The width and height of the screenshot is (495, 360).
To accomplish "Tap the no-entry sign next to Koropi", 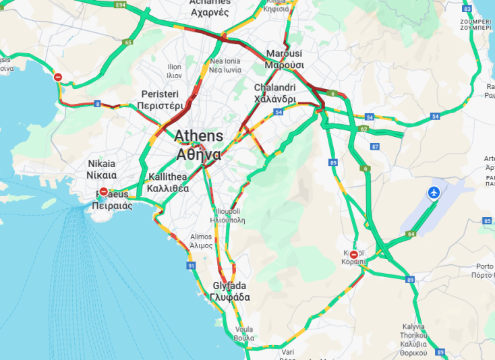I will click(353, 254).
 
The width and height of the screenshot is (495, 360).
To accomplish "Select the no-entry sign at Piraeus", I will click(103, 192).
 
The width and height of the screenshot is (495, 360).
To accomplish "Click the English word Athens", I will click(198, 136).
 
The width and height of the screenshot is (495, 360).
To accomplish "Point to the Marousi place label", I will click(284, 53).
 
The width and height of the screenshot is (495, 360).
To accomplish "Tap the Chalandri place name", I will click(274, 88).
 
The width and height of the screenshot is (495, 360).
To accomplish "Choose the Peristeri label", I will click(160, 94).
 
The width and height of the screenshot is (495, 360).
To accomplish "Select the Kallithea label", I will click(168, 177).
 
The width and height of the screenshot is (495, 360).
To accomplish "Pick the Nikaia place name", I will click(101, 164).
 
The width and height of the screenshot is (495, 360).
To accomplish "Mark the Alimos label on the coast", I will click(201, 237).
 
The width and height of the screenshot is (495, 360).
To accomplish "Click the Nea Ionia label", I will click(225, 61).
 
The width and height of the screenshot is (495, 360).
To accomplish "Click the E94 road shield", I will click(121, 5).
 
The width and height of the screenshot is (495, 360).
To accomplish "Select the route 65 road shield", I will click(128, 42).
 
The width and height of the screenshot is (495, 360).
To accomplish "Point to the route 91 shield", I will click(192, 266).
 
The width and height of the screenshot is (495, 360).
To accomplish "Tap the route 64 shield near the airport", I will click(411, 234).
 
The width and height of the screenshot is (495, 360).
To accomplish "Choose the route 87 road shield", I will click(375, 146).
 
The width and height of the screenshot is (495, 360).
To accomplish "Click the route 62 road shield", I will click(364, 128).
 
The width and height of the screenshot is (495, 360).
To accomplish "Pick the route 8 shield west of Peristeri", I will click(98, 103).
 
